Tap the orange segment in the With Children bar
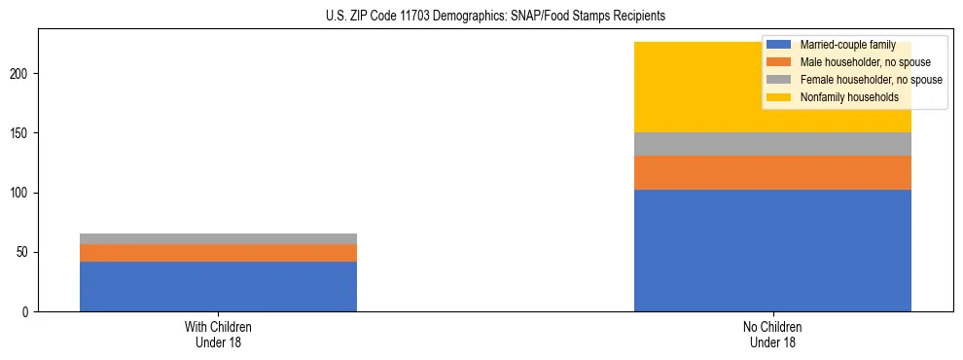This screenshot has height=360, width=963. (x=218, y=253)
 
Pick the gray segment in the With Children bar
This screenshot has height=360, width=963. (x=218, y=238)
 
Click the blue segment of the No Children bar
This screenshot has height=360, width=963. (x=772, y=250)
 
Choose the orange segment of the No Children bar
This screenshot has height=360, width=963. (x=772, y=172)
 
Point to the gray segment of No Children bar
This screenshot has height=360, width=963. (x=772, y=144)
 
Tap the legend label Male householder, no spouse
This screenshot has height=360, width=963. (x=858, y=62)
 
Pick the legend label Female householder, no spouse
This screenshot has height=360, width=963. (x=871, y=80)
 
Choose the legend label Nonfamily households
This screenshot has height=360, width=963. (x=849, y=97)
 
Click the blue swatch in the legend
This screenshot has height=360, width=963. (x=779, y=45)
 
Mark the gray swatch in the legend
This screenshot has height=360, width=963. (x=779, y=80)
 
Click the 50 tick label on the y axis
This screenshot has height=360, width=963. (x=24, y=252)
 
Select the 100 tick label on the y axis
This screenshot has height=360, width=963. (x=21, y=193)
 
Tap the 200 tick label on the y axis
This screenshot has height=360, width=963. (x=21, y=74)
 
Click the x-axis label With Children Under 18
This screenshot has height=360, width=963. (x=218, y=334)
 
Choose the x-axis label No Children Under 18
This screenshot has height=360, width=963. (x=772, y=334)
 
